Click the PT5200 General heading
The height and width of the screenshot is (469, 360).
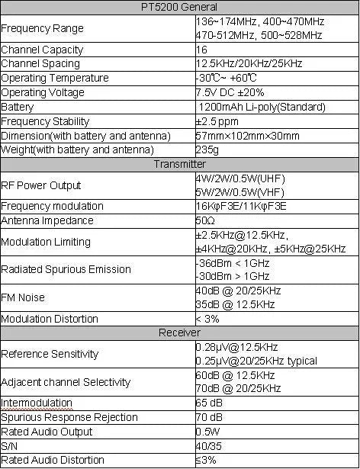tap(179, 7)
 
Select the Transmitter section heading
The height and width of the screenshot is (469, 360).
tap(179, 164)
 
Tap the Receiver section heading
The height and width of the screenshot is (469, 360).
tap(179, 332)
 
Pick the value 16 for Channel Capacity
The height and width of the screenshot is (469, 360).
tap(201, 50)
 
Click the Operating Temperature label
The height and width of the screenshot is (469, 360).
tap(55, 79)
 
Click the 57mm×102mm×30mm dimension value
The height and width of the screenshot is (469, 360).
tap(247, 136)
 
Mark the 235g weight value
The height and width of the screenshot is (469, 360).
tap(207, 149)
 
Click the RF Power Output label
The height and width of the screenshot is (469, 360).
tap(41, 185)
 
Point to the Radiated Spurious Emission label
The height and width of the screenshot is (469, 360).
tap(66, 269)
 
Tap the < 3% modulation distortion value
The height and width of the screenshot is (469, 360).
tap(207, 319)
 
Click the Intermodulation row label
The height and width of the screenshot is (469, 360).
tap(37, 403)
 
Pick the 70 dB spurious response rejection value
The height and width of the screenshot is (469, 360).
tap(209, 417)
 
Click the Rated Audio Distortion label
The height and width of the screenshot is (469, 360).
tap(53, 460)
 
